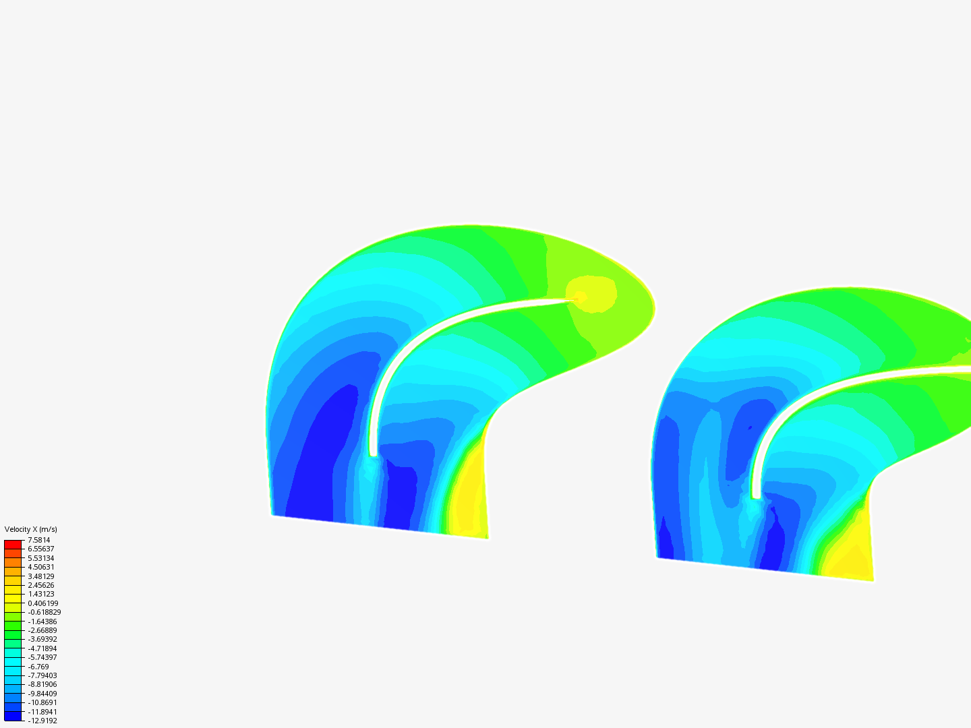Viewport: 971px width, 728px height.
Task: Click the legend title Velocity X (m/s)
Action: [x=30, y=529]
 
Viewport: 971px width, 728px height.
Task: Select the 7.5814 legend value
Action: [x=39, y=540]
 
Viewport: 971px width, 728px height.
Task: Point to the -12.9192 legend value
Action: [x=42, y=721]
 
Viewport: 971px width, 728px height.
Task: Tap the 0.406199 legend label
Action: [x=43, y=603]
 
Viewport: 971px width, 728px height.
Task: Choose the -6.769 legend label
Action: [x=38, y=667]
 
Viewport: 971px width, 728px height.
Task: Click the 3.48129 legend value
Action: [x=41, y=576]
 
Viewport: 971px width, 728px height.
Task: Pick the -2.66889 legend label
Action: [x=42, y=630]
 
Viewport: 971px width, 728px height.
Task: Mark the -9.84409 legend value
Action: [x=42, y=694]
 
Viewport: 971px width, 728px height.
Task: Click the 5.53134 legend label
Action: [x=41, y=558]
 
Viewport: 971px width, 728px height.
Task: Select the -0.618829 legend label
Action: [x=45, y=612]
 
